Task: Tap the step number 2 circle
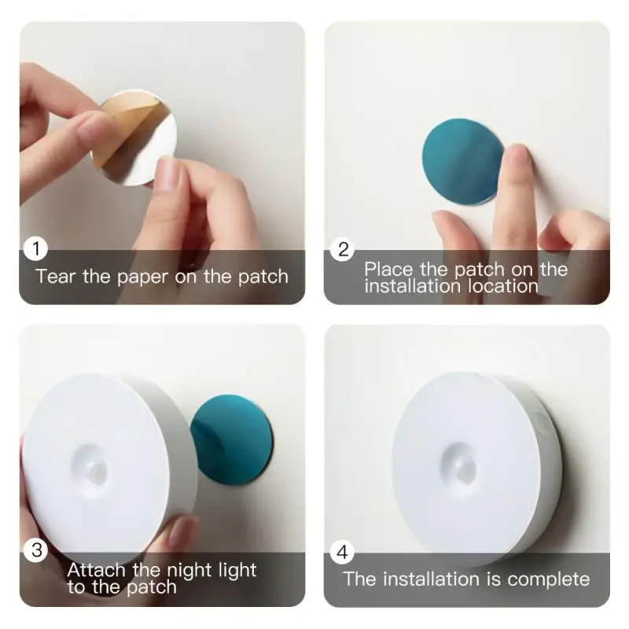click(x=342, y=249)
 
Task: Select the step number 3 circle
click(x=36, y=550)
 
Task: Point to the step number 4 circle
click(x=342, y=552)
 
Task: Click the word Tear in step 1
click(x=55, y=276)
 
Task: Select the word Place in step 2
click(x=388, y=270)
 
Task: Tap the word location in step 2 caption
click(x=503, y=286)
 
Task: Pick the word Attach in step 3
click(x=94, y=570)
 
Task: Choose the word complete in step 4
click(x=548, y=579)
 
